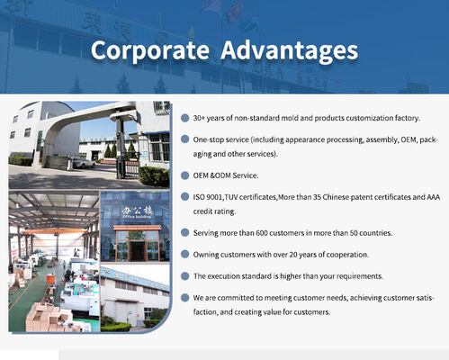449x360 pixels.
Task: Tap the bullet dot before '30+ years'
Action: pos(184,118)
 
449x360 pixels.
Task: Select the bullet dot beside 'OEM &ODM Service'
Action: pos(184,175)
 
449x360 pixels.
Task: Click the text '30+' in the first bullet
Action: pos(201,118)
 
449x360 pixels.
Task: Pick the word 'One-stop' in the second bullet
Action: pos(211,140)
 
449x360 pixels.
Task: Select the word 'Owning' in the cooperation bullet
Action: pos(209,254)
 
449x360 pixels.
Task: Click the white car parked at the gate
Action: pos(84,163)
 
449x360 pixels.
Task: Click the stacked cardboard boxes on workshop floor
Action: pos(40,314)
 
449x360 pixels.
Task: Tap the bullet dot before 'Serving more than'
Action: pos(184,232)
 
